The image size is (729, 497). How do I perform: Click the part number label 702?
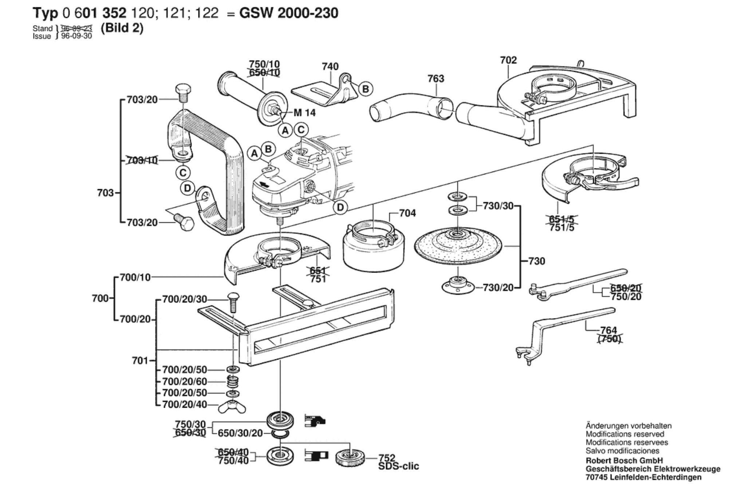point(508,60)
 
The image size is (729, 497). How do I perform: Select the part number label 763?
point(436,79)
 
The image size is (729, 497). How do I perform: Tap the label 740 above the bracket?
point(330,67)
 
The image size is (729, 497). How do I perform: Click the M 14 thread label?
point(304,113)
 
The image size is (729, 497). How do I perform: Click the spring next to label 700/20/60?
point(232,382)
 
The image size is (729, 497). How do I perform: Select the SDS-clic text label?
point(398,466)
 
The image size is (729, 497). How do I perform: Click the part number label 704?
point(407,213)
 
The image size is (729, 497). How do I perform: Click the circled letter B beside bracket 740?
point(365,89)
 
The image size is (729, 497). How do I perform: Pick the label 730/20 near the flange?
point(498,288)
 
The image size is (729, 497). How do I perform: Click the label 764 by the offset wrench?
point(608,330)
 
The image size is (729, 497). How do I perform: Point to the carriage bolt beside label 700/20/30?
point(233,301)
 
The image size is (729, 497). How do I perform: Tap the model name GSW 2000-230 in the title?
point(289,13)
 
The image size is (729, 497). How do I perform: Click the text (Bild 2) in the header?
point(122,28)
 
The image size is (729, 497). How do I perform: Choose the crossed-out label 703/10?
point(142,160)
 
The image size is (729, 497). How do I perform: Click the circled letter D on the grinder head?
point(340,207)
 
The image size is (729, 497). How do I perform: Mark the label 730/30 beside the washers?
point(498,206)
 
